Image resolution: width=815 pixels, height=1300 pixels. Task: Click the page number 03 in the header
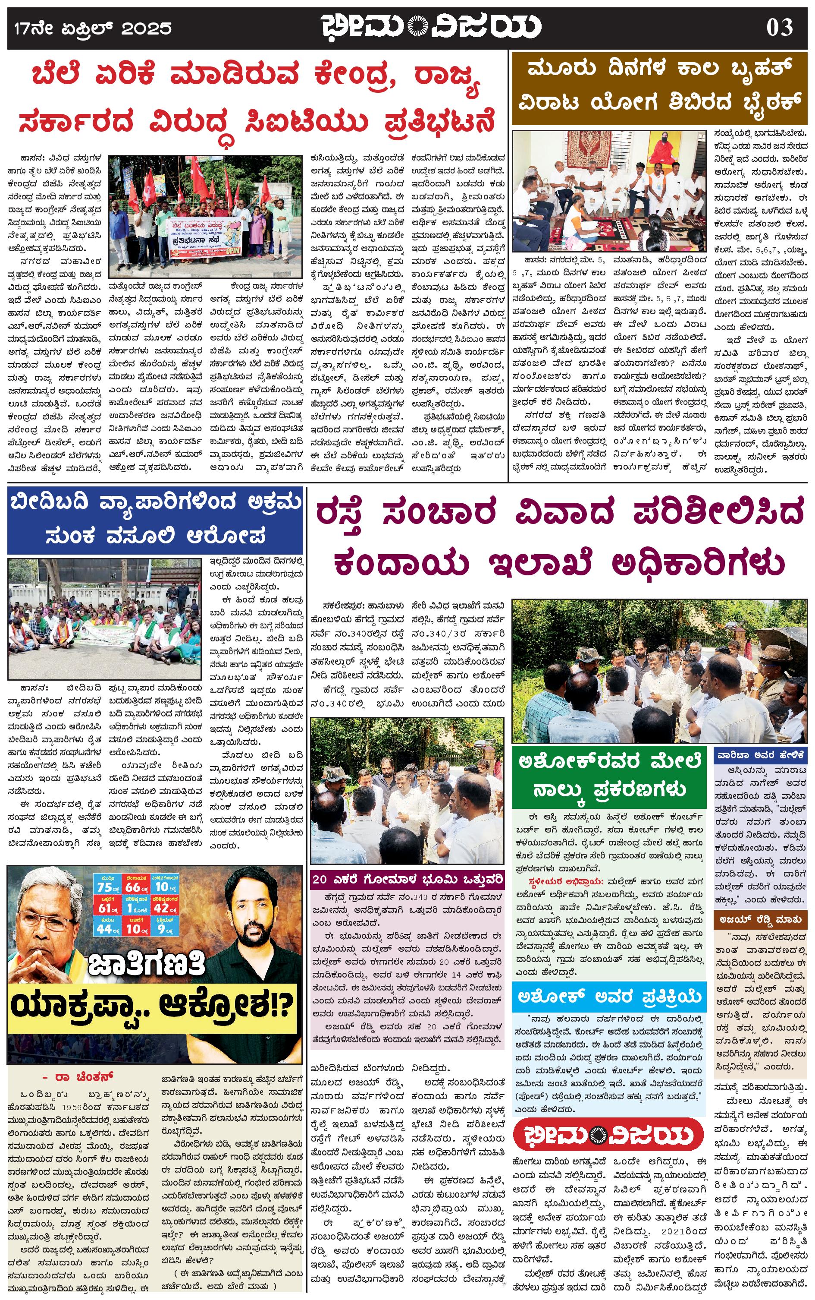(x=780, y=27)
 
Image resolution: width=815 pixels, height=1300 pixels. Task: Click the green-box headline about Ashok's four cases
(x=608, y=776)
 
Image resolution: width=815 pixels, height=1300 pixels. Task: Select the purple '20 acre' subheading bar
(x=408, y=880)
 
